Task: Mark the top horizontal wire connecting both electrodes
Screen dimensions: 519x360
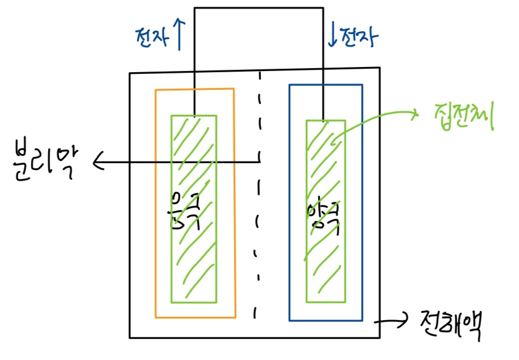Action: tap(259, 8)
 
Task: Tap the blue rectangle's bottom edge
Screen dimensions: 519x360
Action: tap(325, 320)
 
